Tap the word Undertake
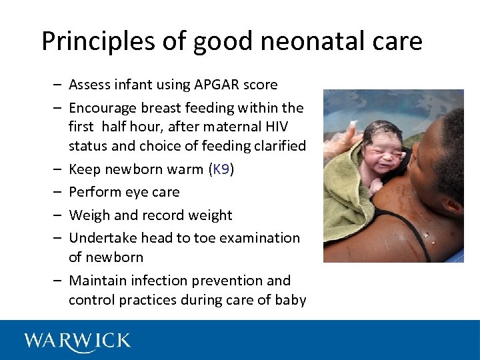pyautogui.click(x=101, y=238)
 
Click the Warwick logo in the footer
pyautogui.click(x=77, y=341)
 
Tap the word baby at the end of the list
pyautogui.click(x=291, y=300)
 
